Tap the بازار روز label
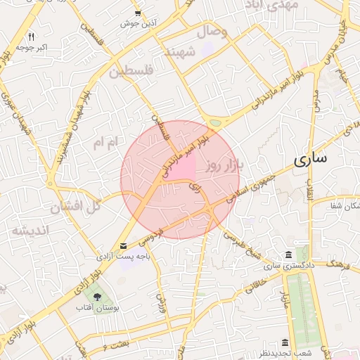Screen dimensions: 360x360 tap(224, 166)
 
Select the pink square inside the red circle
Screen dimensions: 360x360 tap(184, 169)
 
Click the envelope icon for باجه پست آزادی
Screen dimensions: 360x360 tap(124, 245)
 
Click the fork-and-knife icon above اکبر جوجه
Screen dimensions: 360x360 tap(31, 36)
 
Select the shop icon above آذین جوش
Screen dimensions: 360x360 tap(139, 13)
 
